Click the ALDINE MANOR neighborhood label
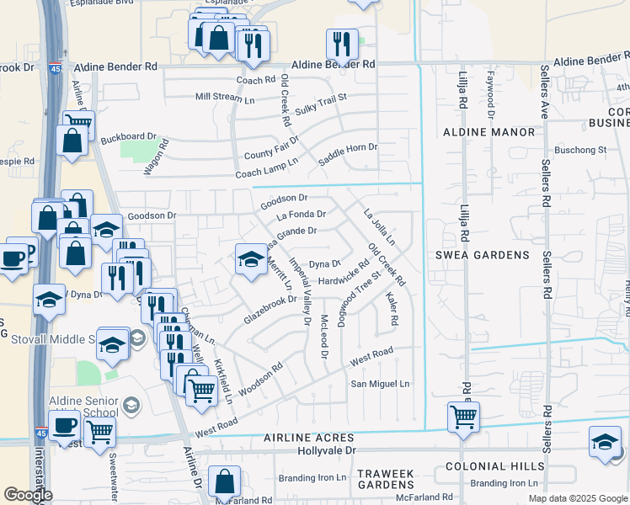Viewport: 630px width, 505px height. [489, 132]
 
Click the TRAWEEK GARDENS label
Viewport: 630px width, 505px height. [386, 480]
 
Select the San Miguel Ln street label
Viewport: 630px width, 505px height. [380, 384]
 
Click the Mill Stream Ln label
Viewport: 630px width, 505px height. [225, 97]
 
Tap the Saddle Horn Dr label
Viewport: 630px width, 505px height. [348, 154]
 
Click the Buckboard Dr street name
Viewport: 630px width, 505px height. [129, 136]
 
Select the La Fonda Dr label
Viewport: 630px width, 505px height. [301, 215]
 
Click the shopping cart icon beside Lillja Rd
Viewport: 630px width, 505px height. [463, 416]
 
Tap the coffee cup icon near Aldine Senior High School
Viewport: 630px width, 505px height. [64, 426]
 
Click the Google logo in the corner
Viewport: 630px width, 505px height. [28, 495]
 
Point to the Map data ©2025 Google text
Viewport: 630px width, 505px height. [577, 498]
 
